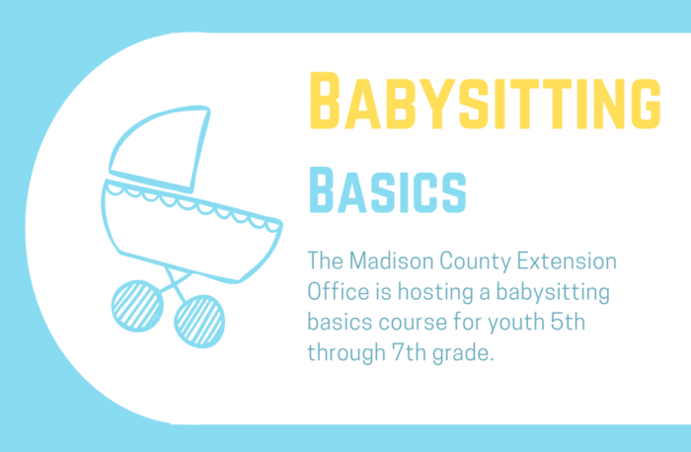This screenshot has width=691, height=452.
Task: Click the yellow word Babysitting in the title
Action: (486, 101)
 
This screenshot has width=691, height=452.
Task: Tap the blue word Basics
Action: (387, 190)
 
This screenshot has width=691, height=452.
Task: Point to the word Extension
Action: (567, 261)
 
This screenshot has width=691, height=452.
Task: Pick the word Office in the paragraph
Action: (338, 292)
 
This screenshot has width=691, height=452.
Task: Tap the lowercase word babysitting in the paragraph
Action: (553, 293)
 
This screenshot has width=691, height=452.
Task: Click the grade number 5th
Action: (568, 322)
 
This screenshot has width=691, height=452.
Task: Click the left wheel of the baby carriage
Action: (137, 306)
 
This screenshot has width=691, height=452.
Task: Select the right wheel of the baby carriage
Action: (199, 321)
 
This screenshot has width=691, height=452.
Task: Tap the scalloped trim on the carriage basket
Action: (193, 205)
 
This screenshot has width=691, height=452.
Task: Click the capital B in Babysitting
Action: (325, 101)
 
